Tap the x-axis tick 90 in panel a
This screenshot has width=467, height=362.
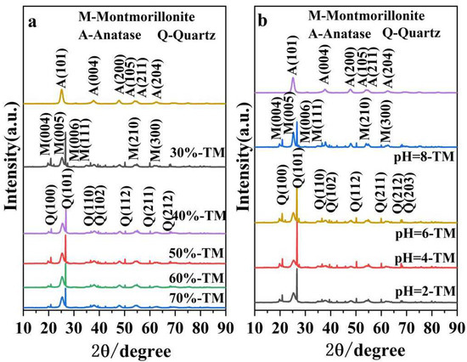(224, 327)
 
